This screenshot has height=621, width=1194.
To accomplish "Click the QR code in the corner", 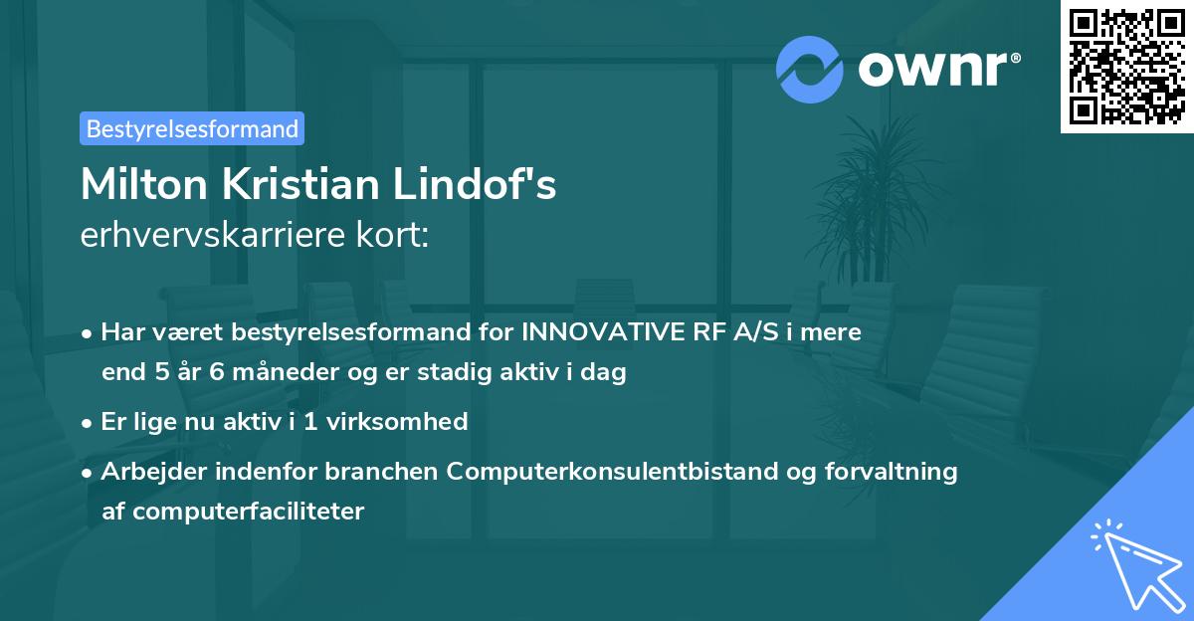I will pos(1126,67).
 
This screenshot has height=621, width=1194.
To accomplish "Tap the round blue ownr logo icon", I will pos(809,70).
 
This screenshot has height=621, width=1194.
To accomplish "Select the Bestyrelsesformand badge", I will pos(192,128).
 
